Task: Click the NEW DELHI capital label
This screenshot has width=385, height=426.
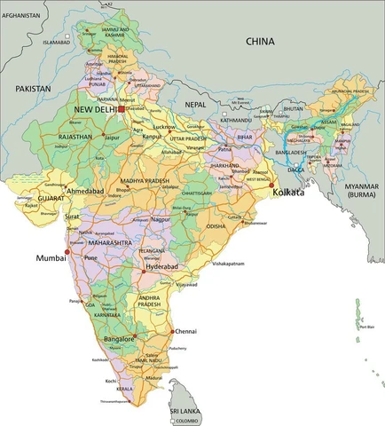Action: tap(95, 108)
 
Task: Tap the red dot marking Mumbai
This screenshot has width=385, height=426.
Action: tap(67, 250)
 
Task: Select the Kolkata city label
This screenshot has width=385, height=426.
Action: tap(288, 192)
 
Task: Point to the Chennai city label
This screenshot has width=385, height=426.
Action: tap(186, 331)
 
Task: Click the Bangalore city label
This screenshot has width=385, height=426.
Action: tap(119, 339)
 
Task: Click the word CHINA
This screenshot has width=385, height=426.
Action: tap(261, 41)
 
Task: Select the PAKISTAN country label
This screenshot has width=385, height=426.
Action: tap(35, 90)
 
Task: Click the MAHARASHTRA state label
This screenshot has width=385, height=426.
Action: tap(110, 242)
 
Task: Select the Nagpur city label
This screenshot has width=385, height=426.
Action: tap(160, 217)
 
